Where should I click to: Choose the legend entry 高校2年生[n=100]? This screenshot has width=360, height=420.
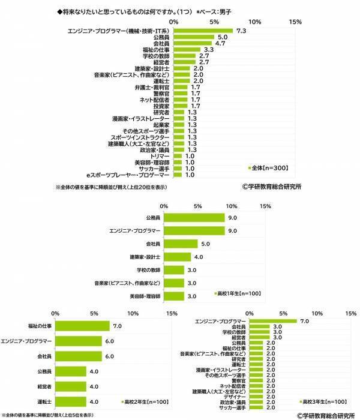click(x=144, y=401)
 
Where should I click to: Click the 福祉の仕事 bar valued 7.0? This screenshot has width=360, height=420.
click(x=82, y=326)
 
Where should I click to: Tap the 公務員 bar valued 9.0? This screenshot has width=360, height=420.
click(x=194, y=218)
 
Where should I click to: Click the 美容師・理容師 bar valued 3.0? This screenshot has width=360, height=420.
click(x=175, y=296)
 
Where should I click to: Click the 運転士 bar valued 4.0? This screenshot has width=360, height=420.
click(x=71, y=401)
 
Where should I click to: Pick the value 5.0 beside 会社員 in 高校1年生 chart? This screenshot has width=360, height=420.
click(x=205, y=244)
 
